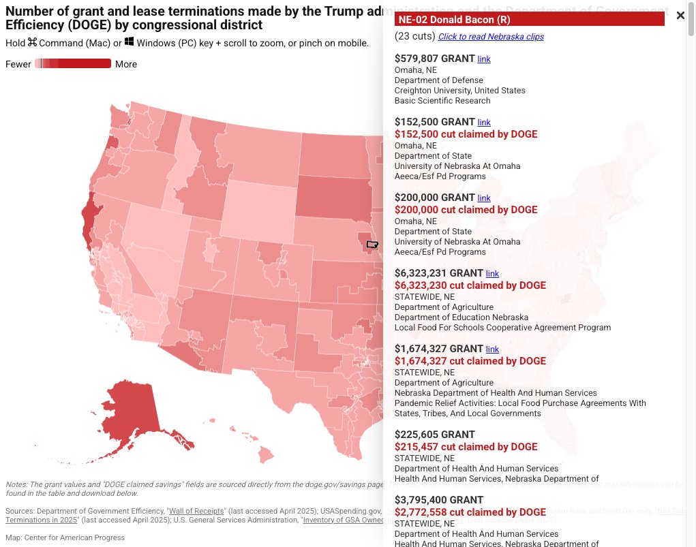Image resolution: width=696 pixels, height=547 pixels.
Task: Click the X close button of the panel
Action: click(680, 16)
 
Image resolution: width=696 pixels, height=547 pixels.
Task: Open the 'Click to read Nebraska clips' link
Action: click(491, 37)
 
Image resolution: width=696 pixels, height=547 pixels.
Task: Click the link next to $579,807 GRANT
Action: click(484, 59)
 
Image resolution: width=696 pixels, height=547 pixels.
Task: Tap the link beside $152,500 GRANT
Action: click(484, 123)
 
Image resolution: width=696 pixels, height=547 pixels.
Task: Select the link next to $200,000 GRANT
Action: click(484, 198)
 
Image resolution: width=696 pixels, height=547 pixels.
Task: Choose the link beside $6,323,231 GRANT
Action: click(492, 274)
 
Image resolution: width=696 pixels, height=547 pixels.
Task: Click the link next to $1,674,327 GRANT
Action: click(492, 349)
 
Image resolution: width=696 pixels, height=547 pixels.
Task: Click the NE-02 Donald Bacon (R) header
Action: click(529, 19)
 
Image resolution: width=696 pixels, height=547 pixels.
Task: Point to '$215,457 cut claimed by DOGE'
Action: click(466, 447)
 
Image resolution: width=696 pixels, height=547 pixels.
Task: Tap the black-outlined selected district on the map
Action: click(372, 244)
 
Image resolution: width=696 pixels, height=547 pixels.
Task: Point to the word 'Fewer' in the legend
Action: click(18, 64)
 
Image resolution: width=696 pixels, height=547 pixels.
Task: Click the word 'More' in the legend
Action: click(126, 64)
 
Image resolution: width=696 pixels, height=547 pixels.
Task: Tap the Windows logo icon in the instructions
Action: click(130, 42)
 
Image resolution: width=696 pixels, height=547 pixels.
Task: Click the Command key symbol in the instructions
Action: click(32, 42)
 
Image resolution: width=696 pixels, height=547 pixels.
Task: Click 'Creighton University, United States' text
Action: click(459, 91)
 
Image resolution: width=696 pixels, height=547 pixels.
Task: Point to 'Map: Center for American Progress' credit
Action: click(65, 537)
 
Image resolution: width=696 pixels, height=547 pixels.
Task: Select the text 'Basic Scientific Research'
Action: click(442, 101)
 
